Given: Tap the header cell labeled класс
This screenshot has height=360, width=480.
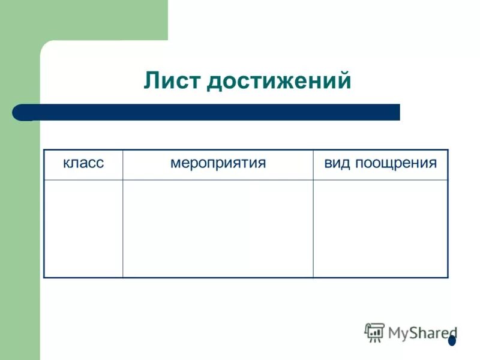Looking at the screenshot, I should [83, 163].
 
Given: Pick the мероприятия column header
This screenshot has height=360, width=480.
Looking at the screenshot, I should [218, 163].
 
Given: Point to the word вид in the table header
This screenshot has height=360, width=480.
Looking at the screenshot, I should [337, 163].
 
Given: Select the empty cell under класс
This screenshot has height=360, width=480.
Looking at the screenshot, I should [83, 228].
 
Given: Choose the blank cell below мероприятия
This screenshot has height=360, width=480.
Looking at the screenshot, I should [218, 228].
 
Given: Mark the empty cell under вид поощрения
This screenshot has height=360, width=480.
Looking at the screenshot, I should [380, 228].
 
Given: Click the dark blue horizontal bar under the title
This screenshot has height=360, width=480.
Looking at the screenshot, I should [210, 112].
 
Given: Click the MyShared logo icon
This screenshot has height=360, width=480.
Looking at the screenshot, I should [374, 332].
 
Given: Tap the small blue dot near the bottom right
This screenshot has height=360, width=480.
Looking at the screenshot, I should [452, 341].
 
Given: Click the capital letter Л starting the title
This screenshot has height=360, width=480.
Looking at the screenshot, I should [151, 80].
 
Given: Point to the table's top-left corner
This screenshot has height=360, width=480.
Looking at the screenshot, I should [44, 149].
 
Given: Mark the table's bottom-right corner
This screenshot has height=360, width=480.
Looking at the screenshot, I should [448, 277].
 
